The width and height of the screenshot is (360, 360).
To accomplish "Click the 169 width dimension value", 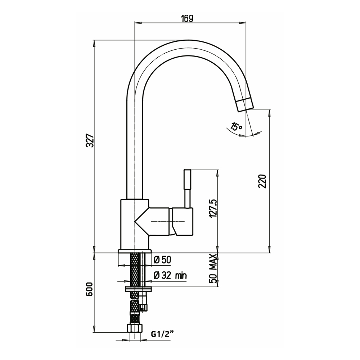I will (187, 18).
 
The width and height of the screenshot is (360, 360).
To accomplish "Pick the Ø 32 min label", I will (170, 276).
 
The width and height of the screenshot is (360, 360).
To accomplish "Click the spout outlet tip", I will (244, 104).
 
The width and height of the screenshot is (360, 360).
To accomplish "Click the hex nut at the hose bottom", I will (135, 328).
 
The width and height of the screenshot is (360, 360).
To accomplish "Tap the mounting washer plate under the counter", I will (138, 289).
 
